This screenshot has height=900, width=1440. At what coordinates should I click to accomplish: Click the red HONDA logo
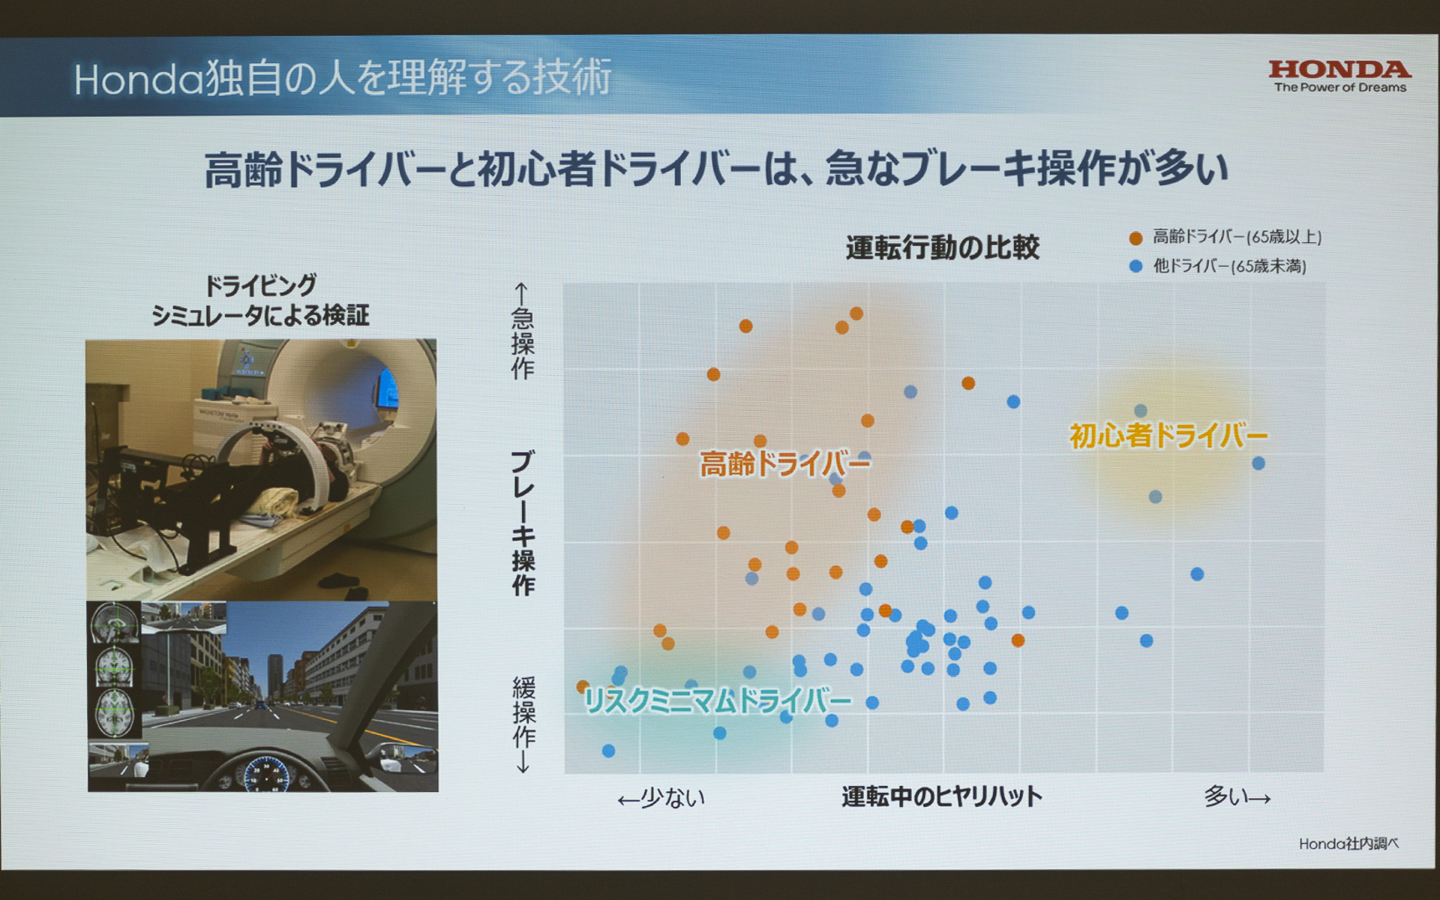tap(1339, 70)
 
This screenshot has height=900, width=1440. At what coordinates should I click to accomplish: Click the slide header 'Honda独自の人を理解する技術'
tap(343, 78)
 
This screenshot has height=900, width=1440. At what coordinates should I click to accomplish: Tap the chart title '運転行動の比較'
tap(942, 247)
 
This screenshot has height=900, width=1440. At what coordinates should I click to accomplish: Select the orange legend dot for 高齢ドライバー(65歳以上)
tap(1135, 238)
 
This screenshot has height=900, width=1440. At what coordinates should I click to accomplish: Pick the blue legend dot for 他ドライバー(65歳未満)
tap(1135, 266)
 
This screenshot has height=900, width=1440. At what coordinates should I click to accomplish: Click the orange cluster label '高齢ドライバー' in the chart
tap(784, 464)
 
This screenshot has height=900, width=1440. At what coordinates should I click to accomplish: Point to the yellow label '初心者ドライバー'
tap(1168, 435)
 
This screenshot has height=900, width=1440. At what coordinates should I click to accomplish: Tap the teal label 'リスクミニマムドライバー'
tap(718, 701)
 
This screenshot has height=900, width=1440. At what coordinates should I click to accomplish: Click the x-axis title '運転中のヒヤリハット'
tap(942, 796)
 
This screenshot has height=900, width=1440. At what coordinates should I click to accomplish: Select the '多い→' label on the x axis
tap(1237, 796)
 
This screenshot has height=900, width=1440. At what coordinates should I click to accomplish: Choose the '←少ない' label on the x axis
tap(661, 798)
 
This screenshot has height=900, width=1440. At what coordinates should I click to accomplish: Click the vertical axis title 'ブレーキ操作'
tap(523, 523)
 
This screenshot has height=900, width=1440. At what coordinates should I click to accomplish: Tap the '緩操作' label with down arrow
tap(523, 723)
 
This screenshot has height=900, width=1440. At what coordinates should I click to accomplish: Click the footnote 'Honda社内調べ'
tap(1348, 844)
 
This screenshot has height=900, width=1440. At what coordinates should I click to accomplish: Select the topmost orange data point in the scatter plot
tap(856, 313)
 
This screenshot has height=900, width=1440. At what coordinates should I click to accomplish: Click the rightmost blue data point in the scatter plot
tap(1258, 463)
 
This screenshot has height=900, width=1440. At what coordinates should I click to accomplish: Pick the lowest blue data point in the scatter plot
tap(608, 751)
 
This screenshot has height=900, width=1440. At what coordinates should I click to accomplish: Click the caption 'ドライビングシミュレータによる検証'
tap(260, 300)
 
